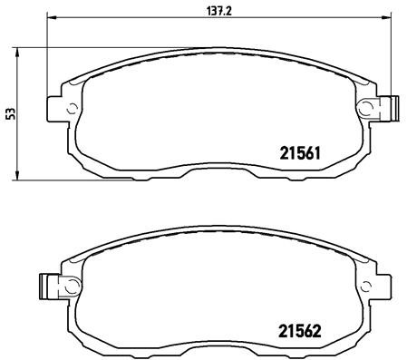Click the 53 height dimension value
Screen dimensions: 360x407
tap(10, 112)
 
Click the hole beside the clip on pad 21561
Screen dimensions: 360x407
tap(366, 109)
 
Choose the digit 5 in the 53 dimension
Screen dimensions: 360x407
tap(10, 116)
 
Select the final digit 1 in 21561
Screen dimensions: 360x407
tap(311, 153)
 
